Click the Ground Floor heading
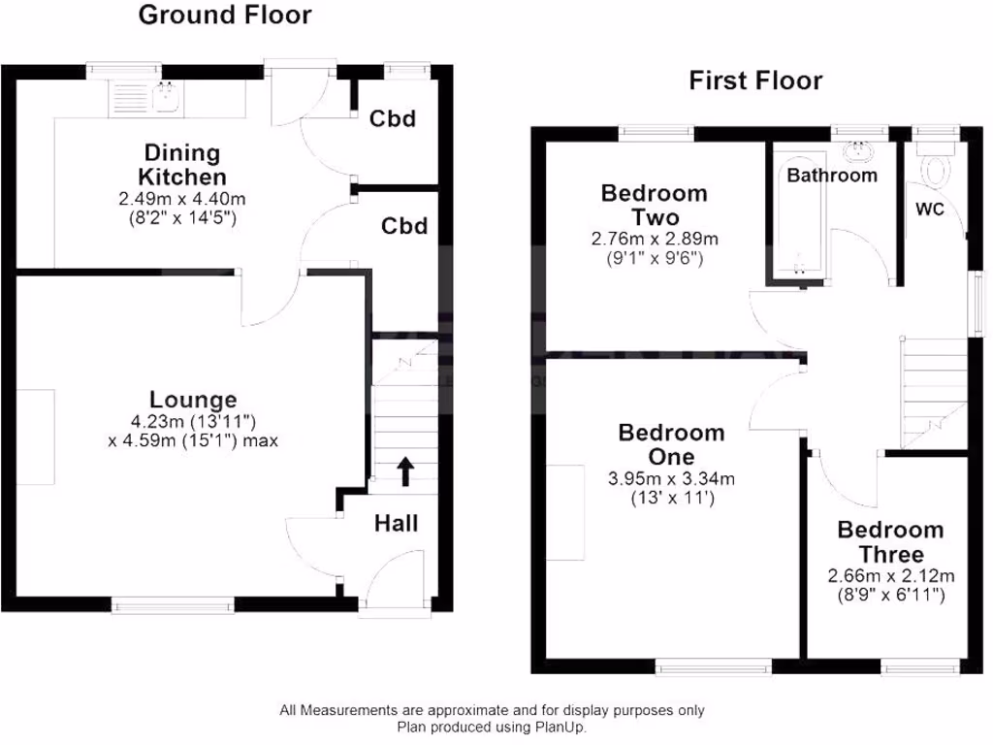pos(225,16)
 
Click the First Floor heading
pos(754,81)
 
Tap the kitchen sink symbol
pos(144,96)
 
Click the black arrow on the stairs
pos(404,471)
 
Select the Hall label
pos(397,524)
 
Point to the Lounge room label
pos(193,399)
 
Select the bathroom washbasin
pos(856,151)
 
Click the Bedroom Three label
pos(890,542)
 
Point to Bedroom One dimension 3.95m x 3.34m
pos(672,478)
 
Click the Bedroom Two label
pos(654,205)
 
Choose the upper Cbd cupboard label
pos(393,119)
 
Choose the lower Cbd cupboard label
pos(403,226)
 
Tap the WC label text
pos(929,210)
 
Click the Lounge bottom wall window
pos(174,606)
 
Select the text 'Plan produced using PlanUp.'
pos(492,726)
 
